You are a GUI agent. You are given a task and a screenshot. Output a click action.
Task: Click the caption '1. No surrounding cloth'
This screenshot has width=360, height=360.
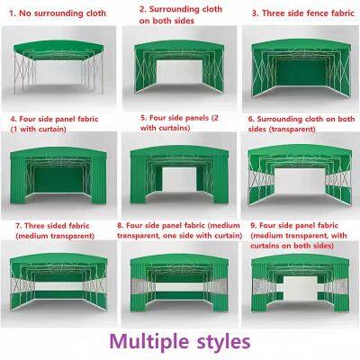[x=58, y=13]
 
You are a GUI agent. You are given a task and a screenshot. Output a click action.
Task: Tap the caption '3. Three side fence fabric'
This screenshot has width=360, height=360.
[x=303, y=13]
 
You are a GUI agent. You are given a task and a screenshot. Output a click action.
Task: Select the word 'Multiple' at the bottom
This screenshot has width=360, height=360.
[x=149, y=342]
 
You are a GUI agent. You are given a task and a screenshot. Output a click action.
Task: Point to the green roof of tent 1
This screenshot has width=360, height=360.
[x=58, y=48]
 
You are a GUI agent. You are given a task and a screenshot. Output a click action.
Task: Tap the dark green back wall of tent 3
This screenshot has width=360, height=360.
[x=301, y=72]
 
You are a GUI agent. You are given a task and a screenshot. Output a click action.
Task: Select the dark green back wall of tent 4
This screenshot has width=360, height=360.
[x=58, y=179]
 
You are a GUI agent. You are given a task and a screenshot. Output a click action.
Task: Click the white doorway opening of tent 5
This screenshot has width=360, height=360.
[x=179, y=179]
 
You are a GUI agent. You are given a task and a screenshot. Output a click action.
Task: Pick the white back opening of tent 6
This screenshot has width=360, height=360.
[x=300, y=181]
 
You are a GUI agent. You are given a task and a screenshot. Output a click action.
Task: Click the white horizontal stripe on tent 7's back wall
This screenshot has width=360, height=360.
[x=58, y=286]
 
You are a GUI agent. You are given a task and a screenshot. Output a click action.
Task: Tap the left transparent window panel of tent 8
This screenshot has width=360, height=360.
[x=139, y=286]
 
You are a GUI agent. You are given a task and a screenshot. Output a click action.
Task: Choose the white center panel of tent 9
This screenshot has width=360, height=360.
[x=300, y=288]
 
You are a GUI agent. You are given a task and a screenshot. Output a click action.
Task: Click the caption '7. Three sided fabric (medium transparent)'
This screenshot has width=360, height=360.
[x=55, y=231]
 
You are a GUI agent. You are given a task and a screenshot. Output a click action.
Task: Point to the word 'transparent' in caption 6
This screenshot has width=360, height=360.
[x=292, y=130]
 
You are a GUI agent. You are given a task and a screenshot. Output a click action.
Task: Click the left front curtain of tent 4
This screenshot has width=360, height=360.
[x=19, y=179]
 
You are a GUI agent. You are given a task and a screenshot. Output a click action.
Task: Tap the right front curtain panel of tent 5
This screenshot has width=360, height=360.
[x=220, y=179]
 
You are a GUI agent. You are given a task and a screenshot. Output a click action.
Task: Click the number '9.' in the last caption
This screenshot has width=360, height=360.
[x=254, y=226]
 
